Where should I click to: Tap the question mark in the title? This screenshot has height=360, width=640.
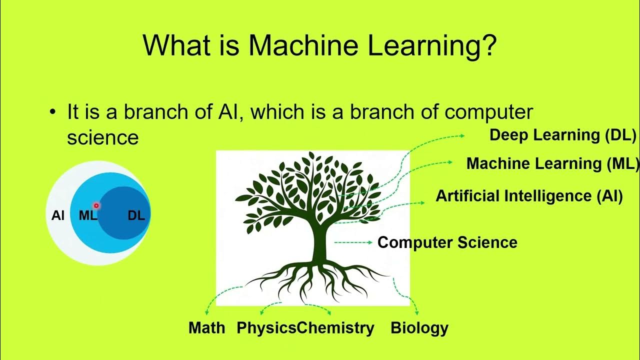point(488,45)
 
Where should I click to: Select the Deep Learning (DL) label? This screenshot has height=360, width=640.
point(562,135)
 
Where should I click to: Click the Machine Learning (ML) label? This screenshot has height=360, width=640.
point(552,163)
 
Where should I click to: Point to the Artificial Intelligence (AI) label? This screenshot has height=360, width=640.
point(529,195)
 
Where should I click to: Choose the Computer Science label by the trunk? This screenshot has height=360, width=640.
point(447,242)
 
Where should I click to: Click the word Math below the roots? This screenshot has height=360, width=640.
point(206,328)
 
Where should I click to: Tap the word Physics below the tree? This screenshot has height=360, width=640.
point(266,328)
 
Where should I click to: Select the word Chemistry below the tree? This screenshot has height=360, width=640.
point(335,328)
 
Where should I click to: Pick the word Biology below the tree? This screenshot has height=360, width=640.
point(419,328)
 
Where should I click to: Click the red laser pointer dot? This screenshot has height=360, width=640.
point(96,205)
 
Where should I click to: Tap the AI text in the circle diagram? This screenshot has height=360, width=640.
point(58,215)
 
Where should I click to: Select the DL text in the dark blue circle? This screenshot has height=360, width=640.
point(136,215)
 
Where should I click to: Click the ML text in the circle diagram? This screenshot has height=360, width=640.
point(87,216)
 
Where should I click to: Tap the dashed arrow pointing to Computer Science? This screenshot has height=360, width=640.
point(352,242)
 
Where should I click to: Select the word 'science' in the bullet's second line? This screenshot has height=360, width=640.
point(102,137)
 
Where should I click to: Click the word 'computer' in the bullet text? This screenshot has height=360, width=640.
point(488,112)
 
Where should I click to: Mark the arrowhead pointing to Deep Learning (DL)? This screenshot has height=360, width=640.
point(462,135)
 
